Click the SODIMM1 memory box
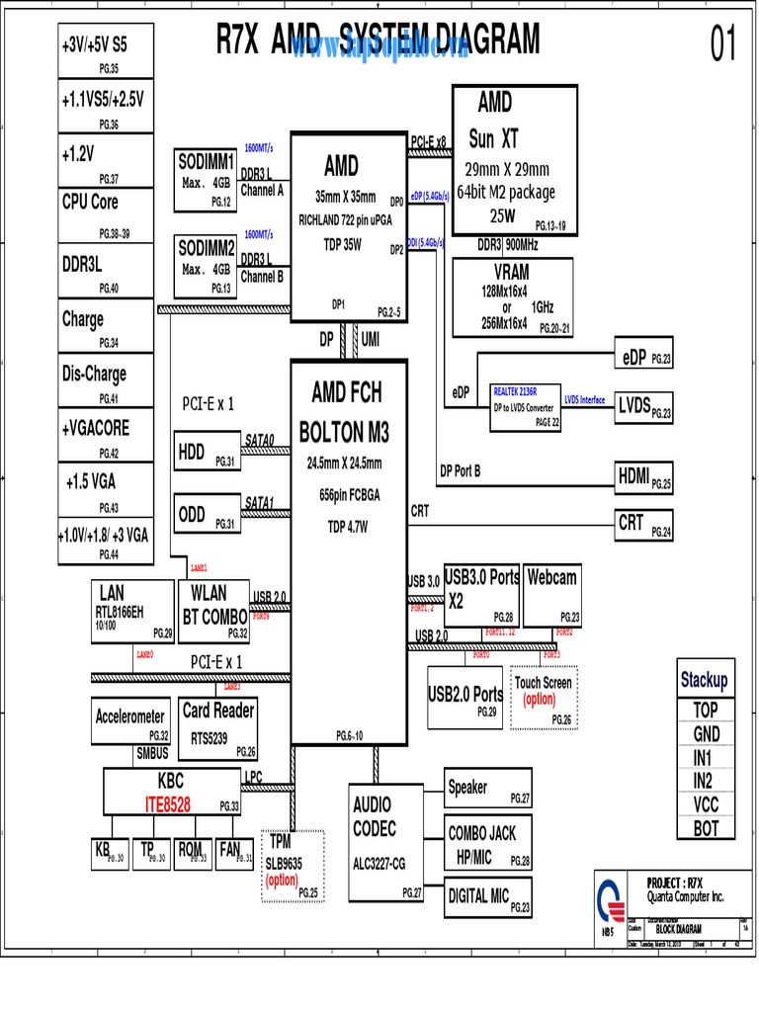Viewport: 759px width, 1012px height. click(206, 180)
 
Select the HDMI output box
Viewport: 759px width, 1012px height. click(643, 478)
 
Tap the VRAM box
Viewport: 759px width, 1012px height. click(512, 297)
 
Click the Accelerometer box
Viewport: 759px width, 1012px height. click(131, 722)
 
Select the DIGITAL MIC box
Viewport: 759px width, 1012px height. click(488, 897)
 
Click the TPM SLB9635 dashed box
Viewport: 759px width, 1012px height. click(293, 866)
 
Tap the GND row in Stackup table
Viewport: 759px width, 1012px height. click(706, 733)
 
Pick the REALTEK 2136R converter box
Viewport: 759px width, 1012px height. click(526, 406)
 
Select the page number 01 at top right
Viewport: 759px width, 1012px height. click(723, 44)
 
